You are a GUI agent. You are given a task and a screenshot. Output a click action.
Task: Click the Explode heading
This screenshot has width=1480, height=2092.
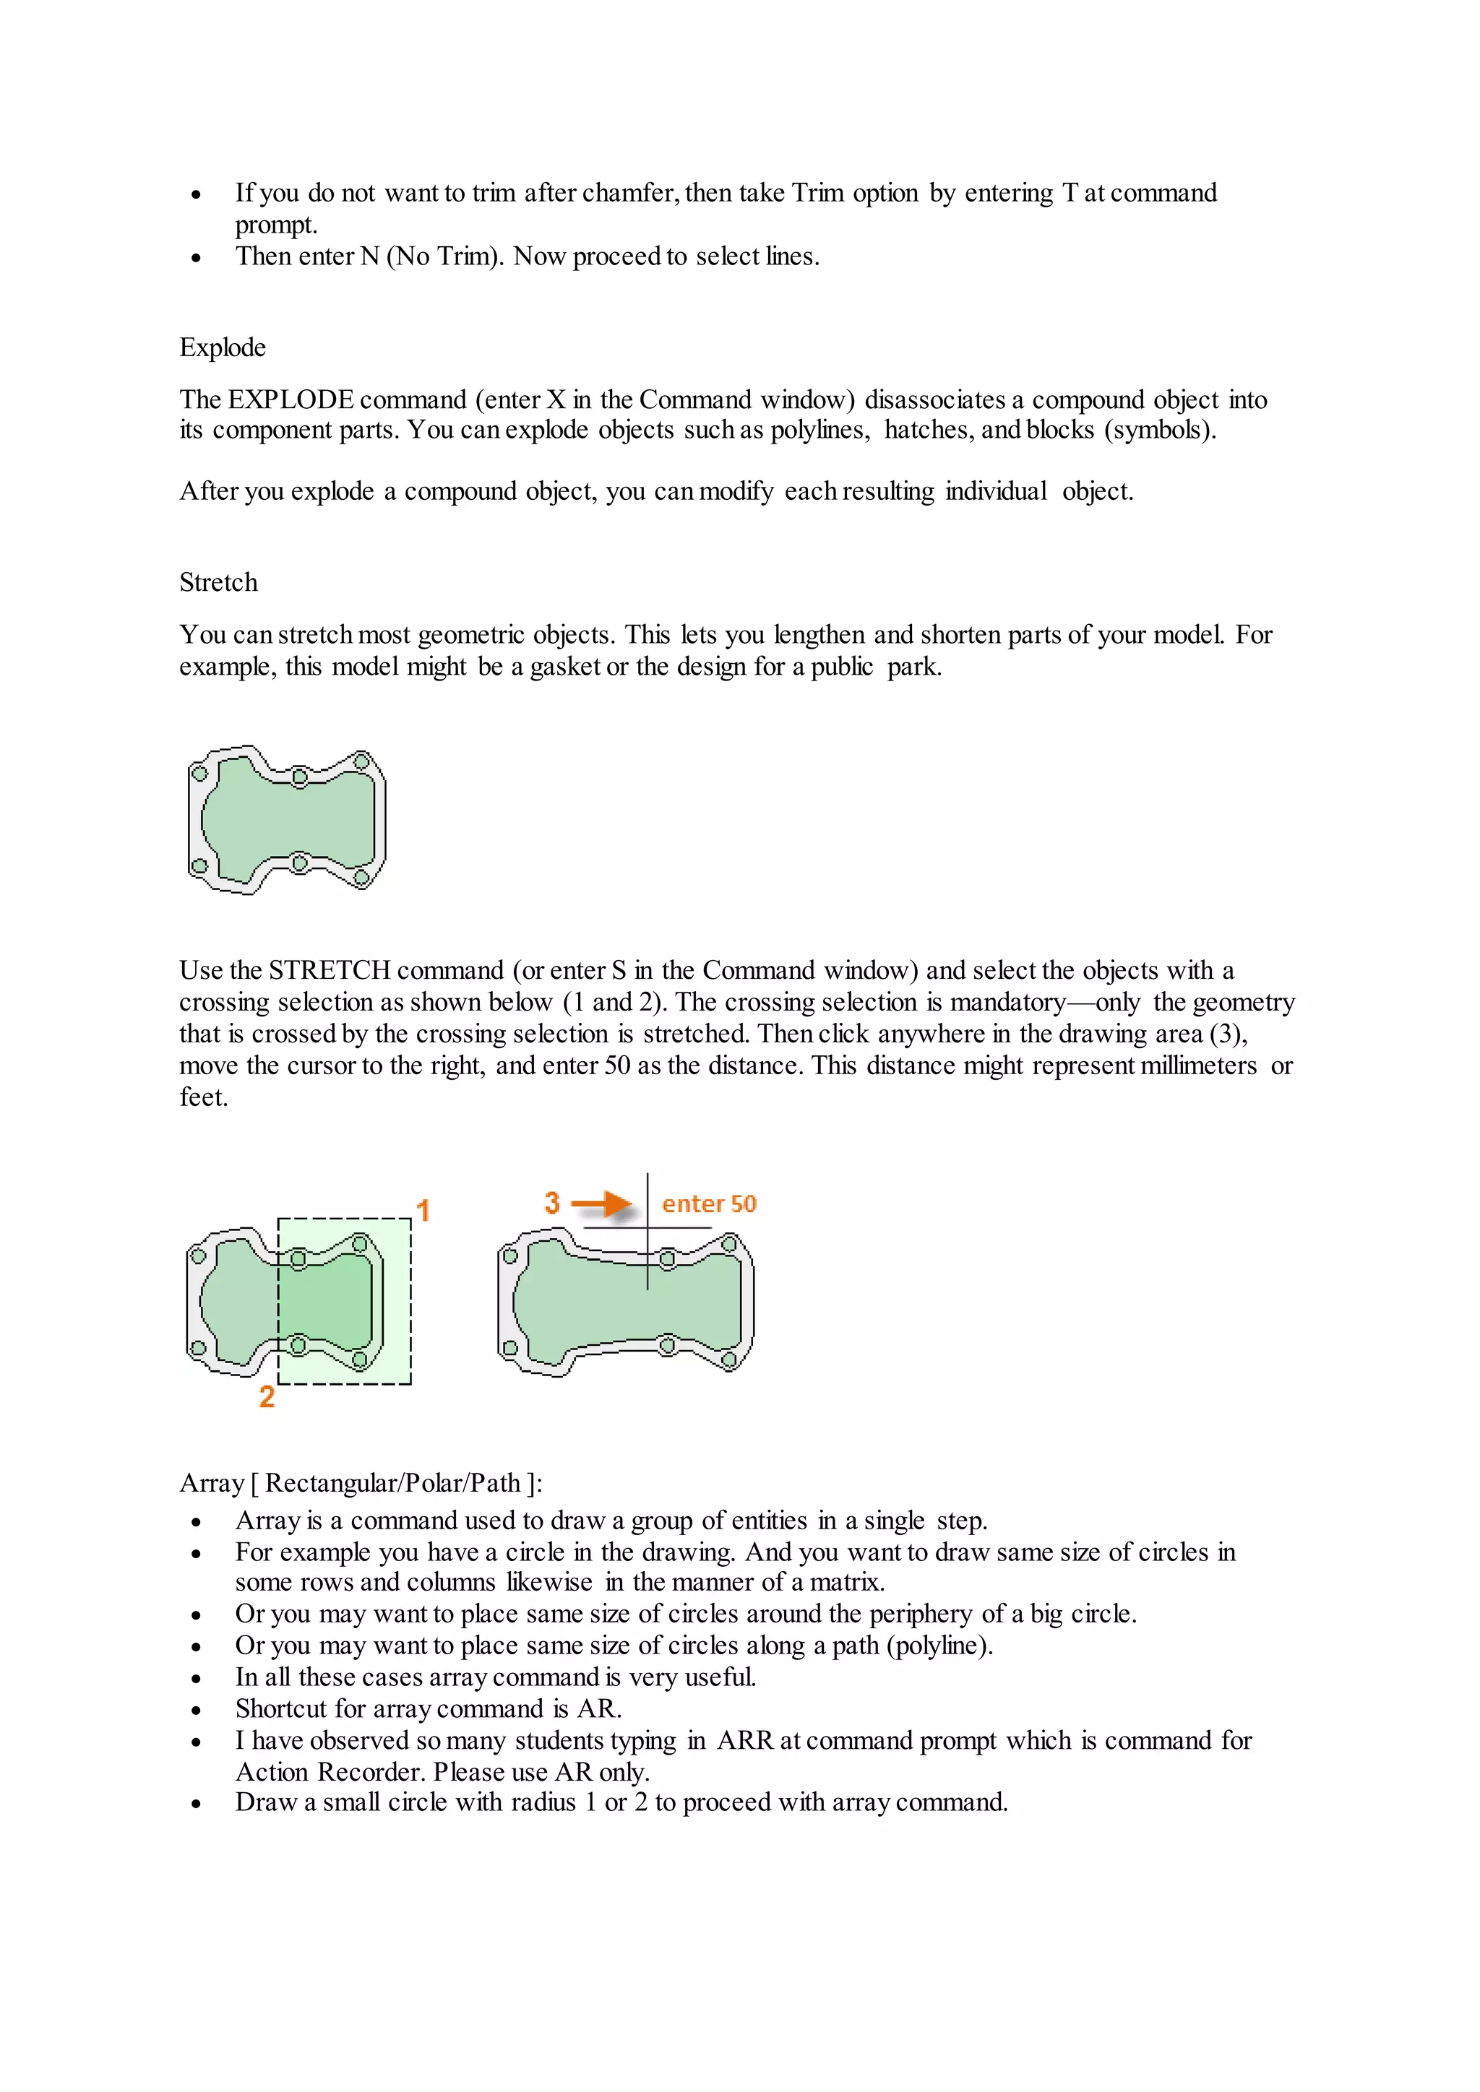click(x=223, y=347)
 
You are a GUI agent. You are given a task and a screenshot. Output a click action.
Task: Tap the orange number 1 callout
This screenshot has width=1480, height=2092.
click(x=423, y=1210)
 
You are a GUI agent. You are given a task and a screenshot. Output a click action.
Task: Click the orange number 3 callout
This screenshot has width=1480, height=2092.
click(x=552, y=1203)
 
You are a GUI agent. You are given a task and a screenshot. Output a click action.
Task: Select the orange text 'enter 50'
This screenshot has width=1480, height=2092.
click(x=708, y=1203)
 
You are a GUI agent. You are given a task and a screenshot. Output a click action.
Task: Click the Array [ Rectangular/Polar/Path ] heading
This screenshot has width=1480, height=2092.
click(x=360, y=1483)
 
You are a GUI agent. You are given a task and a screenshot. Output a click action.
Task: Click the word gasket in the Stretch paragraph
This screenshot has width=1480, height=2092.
click(x=565, y=666)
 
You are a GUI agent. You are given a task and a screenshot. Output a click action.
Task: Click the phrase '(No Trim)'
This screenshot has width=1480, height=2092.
click(x=444, y=256)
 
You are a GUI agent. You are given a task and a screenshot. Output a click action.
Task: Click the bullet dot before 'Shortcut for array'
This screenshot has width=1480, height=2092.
click(x=196, y=1711)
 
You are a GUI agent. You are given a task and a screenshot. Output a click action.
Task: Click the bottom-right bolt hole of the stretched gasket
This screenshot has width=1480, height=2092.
click(x=729, y=1361)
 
